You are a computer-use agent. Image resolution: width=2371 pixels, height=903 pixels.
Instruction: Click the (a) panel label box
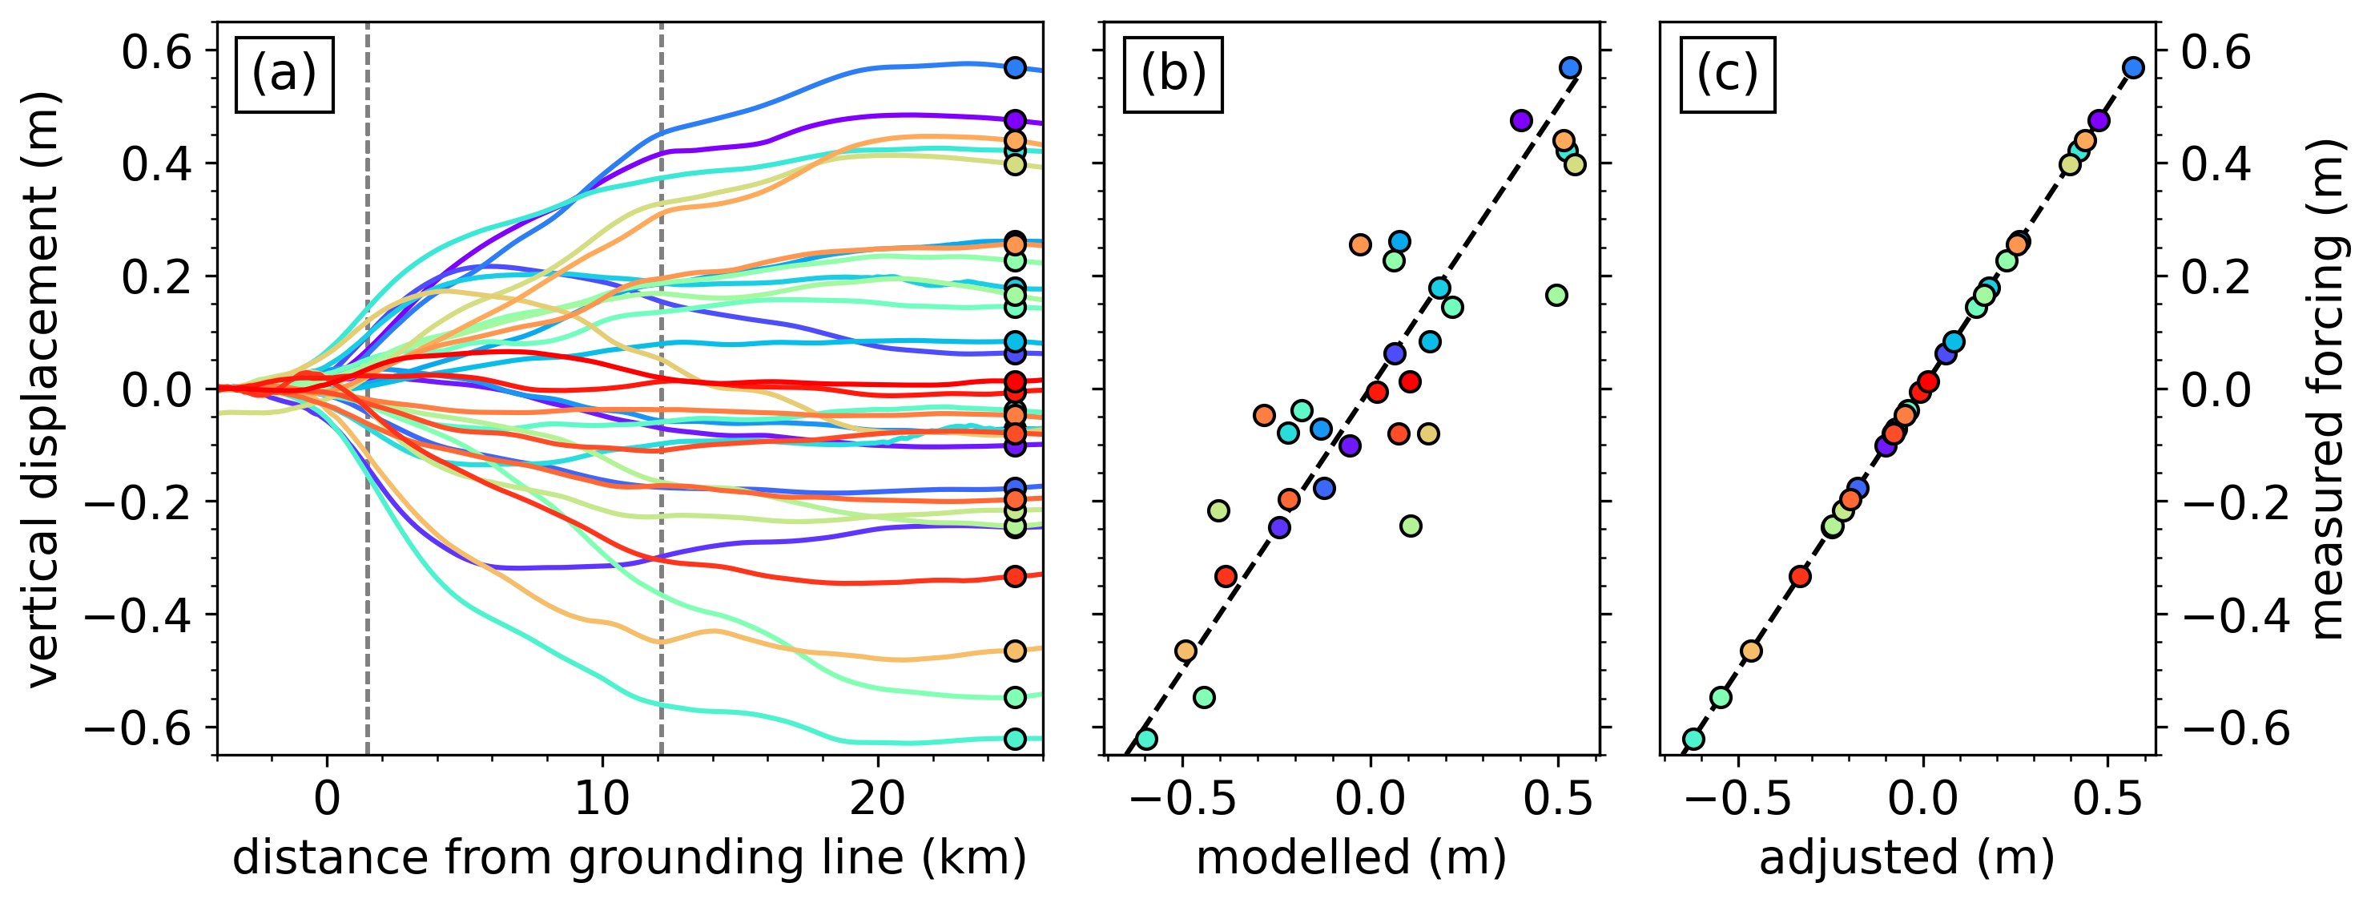[x=284, y=75]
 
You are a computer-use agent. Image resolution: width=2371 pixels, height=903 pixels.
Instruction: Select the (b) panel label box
[x=1173, y=75]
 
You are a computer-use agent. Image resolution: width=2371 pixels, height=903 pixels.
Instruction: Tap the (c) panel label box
[x=1728, y=75]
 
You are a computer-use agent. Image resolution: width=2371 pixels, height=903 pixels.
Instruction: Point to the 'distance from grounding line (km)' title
[x=629, y=858]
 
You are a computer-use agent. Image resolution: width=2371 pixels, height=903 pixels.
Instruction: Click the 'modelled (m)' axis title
[x=1351, y=858]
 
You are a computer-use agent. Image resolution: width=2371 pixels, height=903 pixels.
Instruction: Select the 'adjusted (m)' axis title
[x=1906, y=858]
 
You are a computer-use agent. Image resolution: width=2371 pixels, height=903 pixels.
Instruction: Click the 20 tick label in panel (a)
[x=876, y=799]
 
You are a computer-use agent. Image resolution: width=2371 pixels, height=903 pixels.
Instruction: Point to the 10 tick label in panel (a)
[x=602, y=799]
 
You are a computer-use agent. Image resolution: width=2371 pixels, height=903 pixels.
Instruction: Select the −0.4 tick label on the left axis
[x=138, y=615]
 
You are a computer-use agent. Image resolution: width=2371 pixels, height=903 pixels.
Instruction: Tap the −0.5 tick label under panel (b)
[x=1184, y=799]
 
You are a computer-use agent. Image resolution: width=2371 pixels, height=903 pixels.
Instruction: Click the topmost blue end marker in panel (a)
[x=1014, y=67]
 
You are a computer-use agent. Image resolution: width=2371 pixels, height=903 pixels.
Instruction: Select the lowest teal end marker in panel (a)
[x=1014, y=738]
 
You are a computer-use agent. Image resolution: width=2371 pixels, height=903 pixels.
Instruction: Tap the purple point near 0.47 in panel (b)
[x=1520, y=120]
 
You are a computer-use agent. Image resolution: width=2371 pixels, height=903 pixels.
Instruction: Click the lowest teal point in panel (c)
[x=1693, y=738]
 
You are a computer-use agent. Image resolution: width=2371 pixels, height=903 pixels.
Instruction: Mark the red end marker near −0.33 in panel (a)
[x=1014, y=576]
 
